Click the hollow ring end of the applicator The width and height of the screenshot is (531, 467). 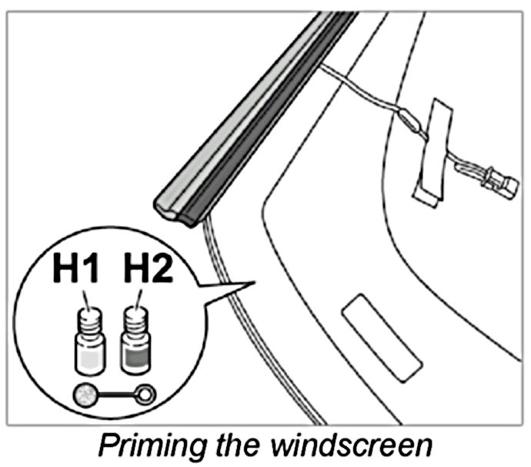[x=145, y=395]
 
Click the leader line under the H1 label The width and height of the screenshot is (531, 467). [x=88, y=296]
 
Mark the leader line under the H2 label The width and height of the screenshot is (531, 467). [x=139, y=296]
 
